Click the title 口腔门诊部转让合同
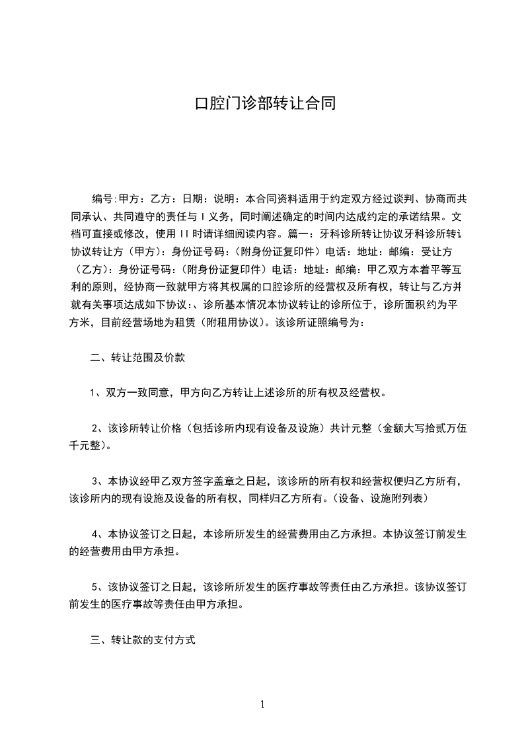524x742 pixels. pos(262,104)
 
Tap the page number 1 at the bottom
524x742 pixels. pos(262,704)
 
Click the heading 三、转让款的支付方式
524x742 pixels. pos(143,641)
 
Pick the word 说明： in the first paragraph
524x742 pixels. pos(228,198)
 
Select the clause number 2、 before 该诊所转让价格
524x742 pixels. pos(99,428)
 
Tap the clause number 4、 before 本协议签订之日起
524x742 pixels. pos(99,534)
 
